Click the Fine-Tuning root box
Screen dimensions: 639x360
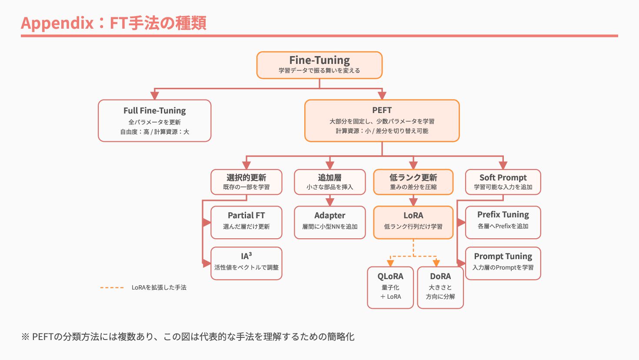coord(319,65)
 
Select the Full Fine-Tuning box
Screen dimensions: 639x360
coord(155,121)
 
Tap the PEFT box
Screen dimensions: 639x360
coord(382,121)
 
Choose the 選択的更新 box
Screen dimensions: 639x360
coord(246,182)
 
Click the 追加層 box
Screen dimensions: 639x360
coord(330,182)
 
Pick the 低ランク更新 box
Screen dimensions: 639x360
coord(413,182)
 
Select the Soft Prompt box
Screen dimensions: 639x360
coord(503,182)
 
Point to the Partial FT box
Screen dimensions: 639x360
coord(246,223)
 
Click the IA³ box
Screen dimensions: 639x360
coord(246,263)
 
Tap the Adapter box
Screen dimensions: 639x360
coord(330,223)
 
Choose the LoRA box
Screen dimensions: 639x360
coord(413,223)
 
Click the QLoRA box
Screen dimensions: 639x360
coord(390,287)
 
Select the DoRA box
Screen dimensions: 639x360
coord(440,287)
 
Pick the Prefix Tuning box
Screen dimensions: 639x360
coord(503,223)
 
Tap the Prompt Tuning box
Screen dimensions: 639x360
coord(503,263)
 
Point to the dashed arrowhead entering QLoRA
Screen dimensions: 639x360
coord(390,263)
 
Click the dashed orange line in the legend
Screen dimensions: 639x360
coord(112,287)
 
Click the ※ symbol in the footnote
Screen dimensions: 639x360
coord(25,337)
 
